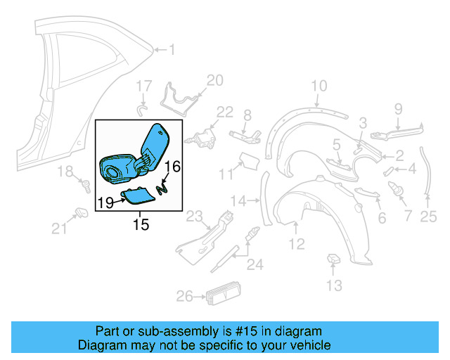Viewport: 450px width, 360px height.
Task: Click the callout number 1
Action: pos(174,49)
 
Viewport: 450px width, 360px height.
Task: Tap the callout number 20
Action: pos(214,80)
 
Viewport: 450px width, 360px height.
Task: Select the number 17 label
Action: pos(143,86)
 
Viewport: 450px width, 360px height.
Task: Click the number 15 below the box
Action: pos(141,224)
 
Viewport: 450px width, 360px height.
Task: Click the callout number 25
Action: pos(428,217)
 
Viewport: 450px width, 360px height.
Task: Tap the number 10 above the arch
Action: pos(319,86)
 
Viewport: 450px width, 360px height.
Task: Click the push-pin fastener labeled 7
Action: pos(394,188)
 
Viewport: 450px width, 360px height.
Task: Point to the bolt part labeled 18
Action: pos(86,186)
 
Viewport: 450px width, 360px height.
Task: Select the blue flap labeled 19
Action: pos(136,193)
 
